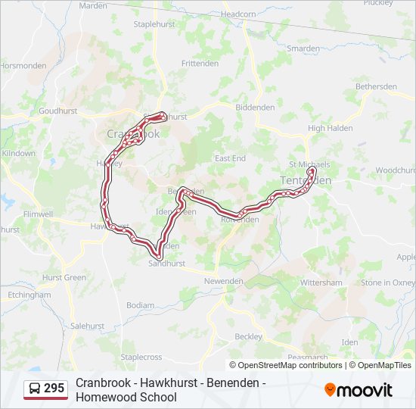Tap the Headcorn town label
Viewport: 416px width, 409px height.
(x=239, y=14)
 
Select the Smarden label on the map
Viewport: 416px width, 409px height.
(x=303, y=48)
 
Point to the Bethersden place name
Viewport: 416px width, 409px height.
(x=376, y=86)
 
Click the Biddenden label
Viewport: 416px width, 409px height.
(x=255, y=108)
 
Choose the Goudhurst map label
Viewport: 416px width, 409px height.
(x=58, y=110)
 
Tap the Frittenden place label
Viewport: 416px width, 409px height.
(x=200, y=64)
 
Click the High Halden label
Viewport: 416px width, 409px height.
(x=331, y=128)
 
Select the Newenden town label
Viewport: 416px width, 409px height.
(x=223, y=281)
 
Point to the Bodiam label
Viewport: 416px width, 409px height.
(x=140, y=304)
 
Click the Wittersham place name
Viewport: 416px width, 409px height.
(x=321, y=283)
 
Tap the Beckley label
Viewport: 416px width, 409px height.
(x=248, y=336)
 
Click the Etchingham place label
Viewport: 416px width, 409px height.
(x=29, y=295)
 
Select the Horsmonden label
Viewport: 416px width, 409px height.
(x=24, y=66)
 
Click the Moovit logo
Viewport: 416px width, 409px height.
(x=359, y=390)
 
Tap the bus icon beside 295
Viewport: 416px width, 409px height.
(x=34, y=389)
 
